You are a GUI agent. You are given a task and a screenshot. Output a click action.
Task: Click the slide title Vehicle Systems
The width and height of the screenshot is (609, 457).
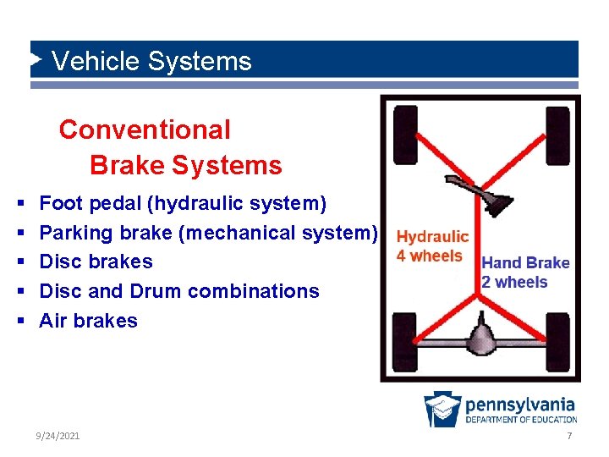pos(151,62)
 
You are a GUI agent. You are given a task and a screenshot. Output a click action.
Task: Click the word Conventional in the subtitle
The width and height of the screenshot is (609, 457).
pos(145,130)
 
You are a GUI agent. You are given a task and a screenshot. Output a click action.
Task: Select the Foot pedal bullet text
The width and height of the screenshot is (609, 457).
pos(183,203)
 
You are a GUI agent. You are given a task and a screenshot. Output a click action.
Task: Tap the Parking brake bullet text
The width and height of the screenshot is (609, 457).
pos(208,233)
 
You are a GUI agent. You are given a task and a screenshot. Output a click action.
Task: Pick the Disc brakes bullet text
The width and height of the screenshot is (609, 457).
pos(96,262)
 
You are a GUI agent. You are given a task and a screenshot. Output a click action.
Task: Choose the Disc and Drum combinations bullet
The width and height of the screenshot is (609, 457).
pos(179,291)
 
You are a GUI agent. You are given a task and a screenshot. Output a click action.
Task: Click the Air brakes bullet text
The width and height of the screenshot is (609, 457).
pos(88,321)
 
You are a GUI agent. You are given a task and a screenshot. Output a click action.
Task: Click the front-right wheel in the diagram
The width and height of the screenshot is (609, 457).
pos(557,135)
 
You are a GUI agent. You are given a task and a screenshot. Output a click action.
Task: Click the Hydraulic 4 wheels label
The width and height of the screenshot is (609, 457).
pos(431,246)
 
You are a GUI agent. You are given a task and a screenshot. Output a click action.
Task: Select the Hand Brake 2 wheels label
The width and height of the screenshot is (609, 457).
pos(525,273)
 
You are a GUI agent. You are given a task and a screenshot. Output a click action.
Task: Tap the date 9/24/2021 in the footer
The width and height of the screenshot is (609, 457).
pos(58,435)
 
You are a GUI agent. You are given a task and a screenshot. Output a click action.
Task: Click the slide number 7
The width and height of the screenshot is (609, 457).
pos(569,435)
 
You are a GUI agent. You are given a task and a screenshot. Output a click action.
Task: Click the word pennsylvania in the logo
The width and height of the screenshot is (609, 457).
pos(520,405)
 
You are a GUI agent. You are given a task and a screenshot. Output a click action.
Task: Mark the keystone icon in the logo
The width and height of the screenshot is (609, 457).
pos(442,408)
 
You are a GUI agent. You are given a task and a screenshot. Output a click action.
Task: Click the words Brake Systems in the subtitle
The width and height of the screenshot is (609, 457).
pos(185,165)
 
